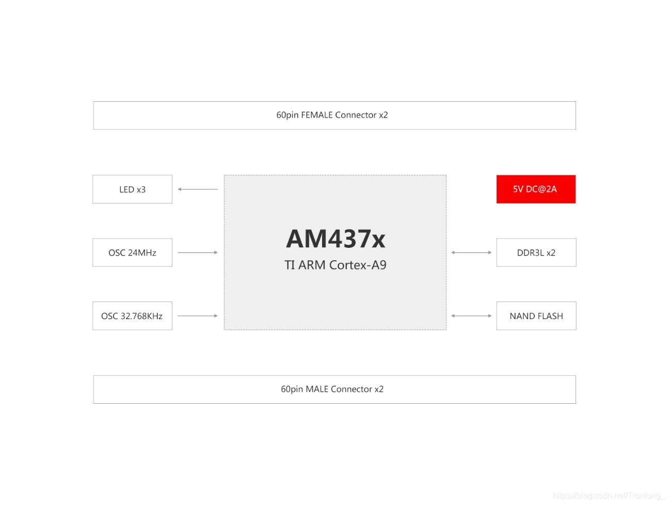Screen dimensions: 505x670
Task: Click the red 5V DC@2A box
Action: (x=536, y=189)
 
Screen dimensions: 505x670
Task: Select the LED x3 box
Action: (x=132, y=189)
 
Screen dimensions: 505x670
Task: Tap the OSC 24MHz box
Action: (x=132, y=253)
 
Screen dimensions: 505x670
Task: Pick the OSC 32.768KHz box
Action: (x=132, y=316)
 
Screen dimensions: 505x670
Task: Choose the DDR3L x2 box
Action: (x=536, y=253)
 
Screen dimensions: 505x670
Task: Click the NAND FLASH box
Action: (x=536, y=316)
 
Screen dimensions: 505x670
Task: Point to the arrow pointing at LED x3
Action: (x=198, y=189)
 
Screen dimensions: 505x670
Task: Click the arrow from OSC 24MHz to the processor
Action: (x=198, y=253)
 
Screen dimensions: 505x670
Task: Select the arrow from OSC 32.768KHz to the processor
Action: (x=198, y=315)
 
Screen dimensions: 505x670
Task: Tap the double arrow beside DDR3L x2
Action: (x=471, y=253)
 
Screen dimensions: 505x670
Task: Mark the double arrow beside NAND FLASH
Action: (x=471, y=315)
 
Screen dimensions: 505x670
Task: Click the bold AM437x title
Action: (x=336, y=239)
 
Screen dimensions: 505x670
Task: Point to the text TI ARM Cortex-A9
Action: (x=336, y=265)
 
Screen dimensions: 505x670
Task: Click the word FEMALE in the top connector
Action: (x=317, y=115)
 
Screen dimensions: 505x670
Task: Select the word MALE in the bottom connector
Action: (x=317, y=389)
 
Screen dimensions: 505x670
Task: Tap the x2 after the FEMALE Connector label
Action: (x=383, y=115)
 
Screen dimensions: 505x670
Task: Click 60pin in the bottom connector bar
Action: (x=292, y=389)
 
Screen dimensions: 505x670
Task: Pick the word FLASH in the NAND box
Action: (x=550, y=316)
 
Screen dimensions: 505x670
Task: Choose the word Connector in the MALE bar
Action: (x=352, y=389)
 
